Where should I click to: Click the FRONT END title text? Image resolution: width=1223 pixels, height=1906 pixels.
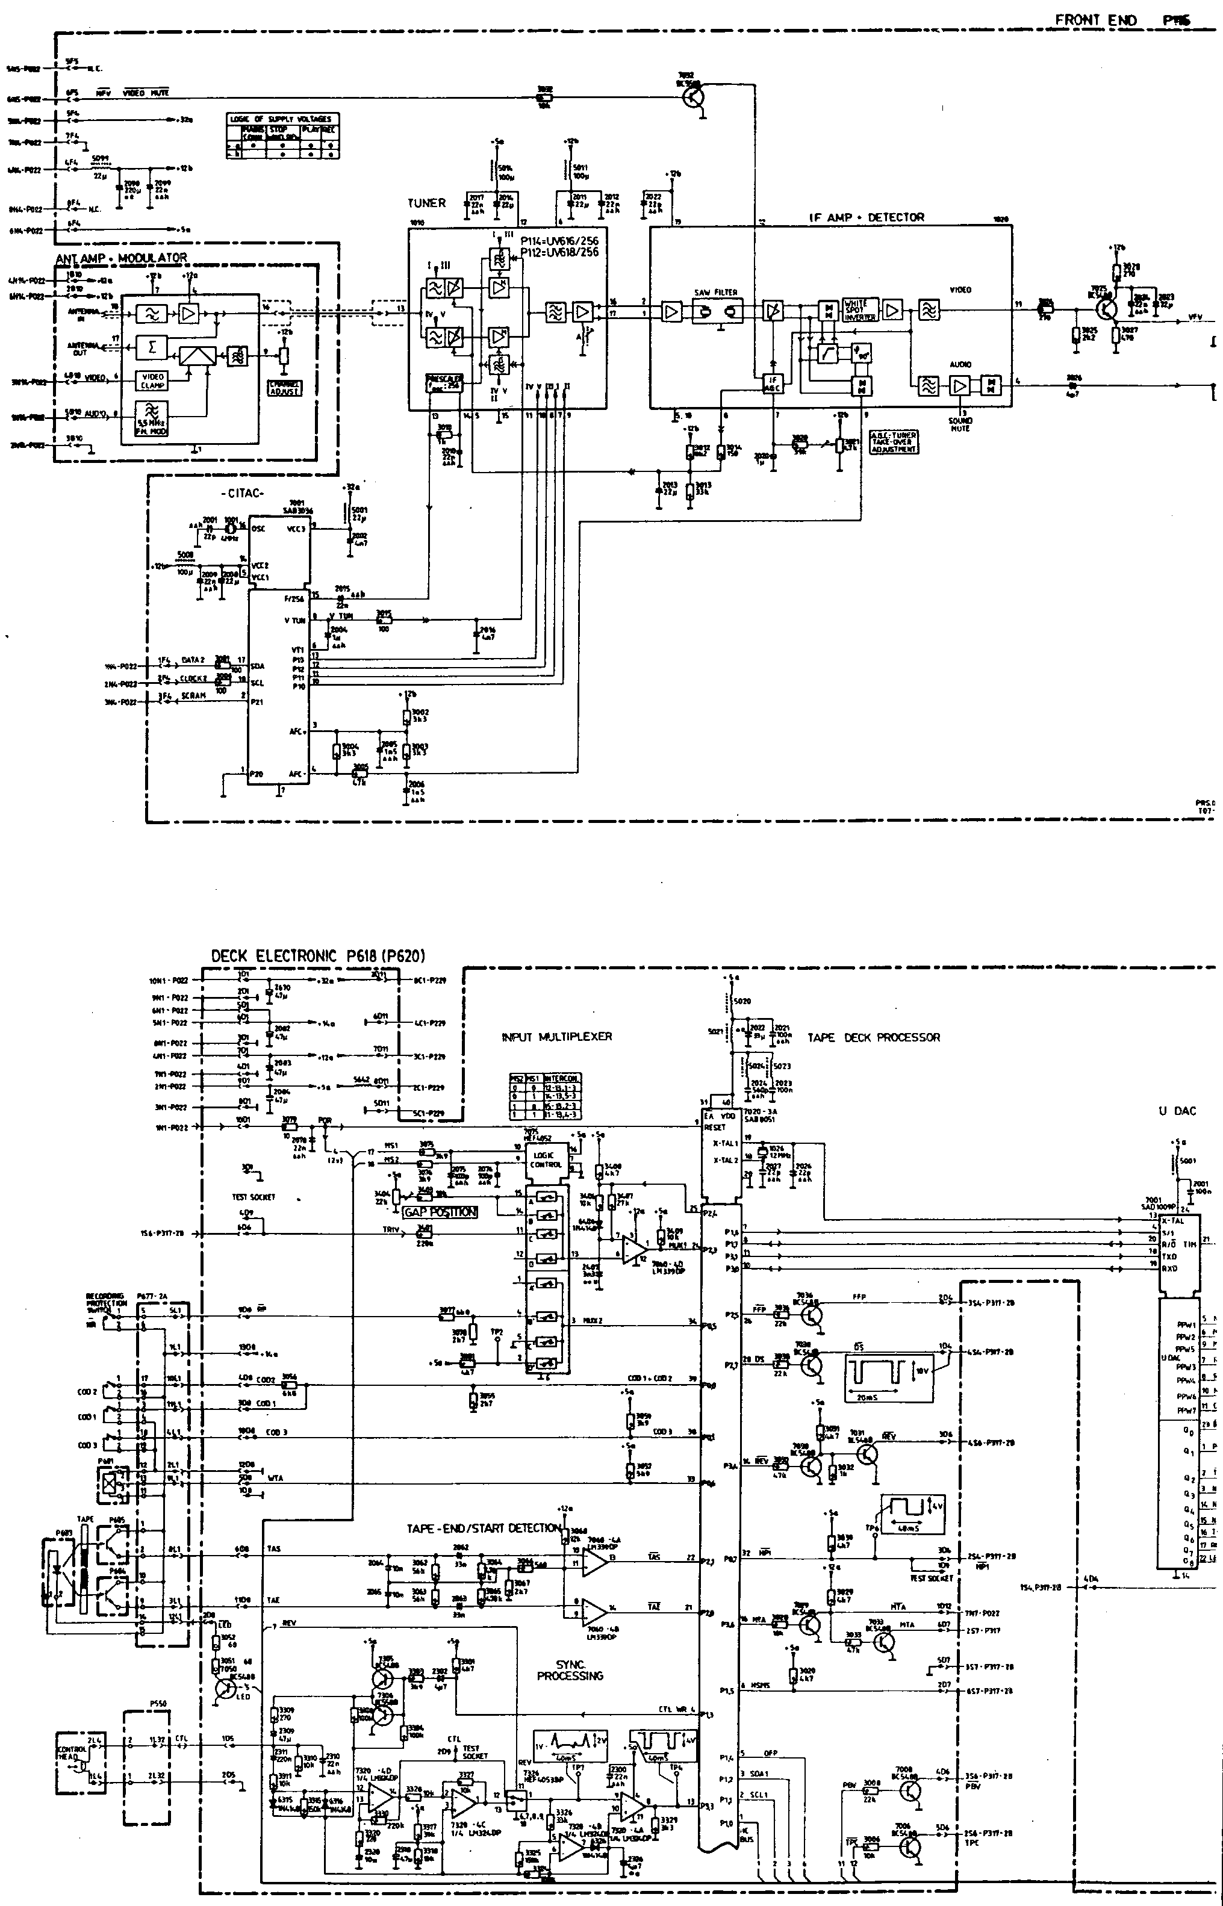click(1096, 20)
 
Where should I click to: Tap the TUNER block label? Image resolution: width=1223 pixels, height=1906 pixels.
click(426, 203)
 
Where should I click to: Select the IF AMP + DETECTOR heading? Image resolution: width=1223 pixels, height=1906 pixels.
click(867, 217)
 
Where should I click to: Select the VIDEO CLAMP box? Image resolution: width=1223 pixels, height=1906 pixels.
click(152, 381)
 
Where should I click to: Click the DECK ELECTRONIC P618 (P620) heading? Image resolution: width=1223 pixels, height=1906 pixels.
click(319, 957)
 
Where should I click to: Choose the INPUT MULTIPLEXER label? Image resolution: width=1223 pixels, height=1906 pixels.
click(557, 1037)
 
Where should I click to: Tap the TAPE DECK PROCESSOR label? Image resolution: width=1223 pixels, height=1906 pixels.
click(874, 1037)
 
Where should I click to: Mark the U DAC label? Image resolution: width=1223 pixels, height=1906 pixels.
click(1176, 1111)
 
